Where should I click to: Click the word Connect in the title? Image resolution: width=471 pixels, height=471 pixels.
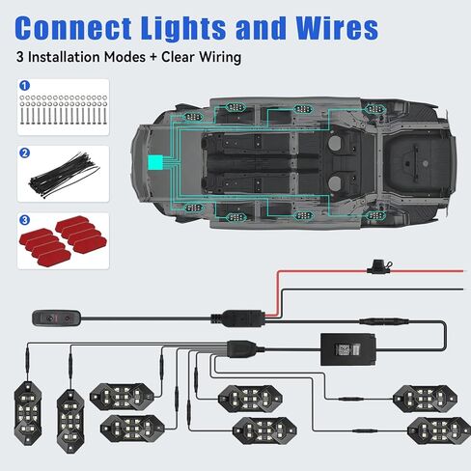click(x=73, y=28)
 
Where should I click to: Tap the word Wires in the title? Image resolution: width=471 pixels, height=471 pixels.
click(x=337, y=28)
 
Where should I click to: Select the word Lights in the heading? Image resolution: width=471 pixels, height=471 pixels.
click(x=183, y=28)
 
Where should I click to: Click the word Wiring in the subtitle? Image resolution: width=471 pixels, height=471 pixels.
click(x=220, y=57)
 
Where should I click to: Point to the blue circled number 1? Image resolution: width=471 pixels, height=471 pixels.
click(x=25, y=86)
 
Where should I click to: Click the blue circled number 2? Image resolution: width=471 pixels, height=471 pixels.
click(x=25, y=153)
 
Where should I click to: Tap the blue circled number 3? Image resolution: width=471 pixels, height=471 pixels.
click(x=25, y=220)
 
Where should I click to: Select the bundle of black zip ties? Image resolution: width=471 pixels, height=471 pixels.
click(x=64, y=176)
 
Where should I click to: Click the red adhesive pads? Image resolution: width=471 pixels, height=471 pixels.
click(x=63, y=241)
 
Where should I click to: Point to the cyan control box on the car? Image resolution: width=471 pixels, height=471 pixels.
click(x=155, y=162)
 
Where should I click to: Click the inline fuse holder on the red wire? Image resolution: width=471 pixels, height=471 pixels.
click(x=379, y=267)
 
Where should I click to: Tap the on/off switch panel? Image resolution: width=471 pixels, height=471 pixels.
click(x=57, y=319)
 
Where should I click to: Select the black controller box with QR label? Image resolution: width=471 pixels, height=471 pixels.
click(x=348, y=349)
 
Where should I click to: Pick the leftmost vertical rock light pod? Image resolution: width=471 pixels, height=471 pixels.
click(x=28, y=413)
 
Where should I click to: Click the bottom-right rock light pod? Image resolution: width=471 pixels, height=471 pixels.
click(x=439, y=430)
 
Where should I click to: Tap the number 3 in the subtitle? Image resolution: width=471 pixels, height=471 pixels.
click(x=20, y=57)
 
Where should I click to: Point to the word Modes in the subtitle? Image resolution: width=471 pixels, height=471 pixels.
click(x=125, y=57)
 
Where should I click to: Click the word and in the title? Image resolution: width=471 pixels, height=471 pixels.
click(x=261, y=28)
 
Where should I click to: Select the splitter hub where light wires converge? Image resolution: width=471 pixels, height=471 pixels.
click(x=242, y=348)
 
